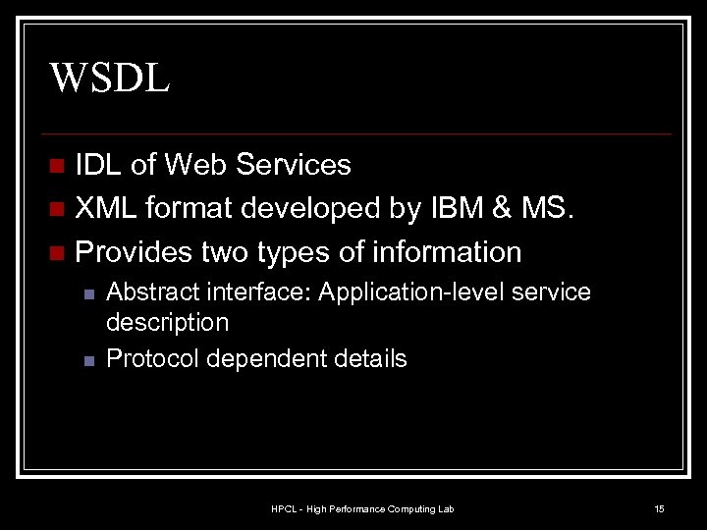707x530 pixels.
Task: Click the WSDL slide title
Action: pyautogui.click(x=110, y=76)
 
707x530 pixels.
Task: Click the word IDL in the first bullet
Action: pyautogui.click(x=99, y=165)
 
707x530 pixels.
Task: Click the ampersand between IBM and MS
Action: pyautogui.click(x=505, y=208)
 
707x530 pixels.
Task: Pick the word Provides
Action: pyautogui.click(x=133, y=252)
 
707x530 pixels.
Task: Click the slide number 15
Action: pyautogui.click(x=660, y=508)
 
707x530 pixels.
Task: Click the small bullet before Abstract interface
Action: pyautogui.click(x=87, y=293)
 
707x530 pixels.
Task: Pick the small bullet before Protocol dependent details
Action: pyautogui.click(x=87, y=360)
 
